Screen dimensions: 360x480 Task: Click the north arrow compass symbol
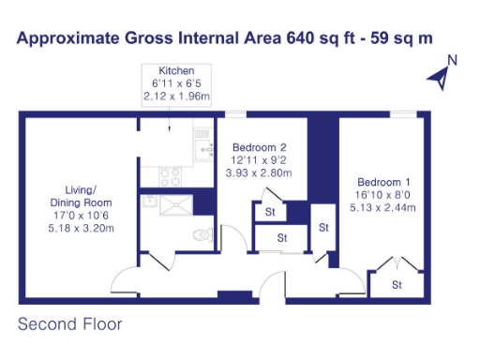pyautogui.click(x=437, y=80)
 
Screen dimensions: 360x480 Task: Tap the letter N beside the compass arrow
pyautogui.click(x=451, y=61)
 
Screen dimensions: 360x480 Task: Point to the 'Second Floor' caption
pyautogui.click(x=70, y=325)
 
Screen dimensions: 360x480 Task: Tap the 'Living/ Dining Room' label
pyautogui.click(x=82, y=196)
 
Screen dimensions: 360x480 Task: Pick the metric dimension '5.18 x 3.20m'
pyautogui.click(x=82, y=228)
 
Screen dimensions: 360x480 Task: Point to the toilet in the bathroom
pyautogui.click(x=198, y=237)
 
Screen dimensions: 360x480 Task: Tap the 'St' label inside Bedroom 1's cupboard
pyautogui.click(x=397, y=284)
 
